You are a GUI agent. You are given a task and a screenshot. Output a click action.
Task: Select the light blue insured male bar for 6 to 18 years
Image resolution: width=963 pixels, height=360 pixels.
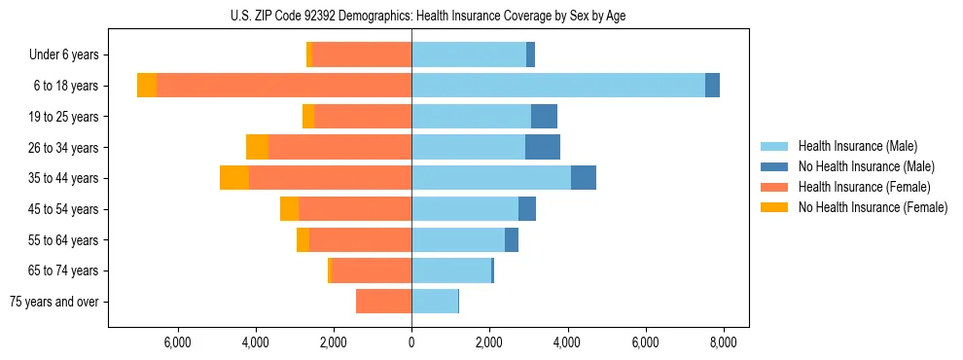pyautogui.click(x=557, y=86)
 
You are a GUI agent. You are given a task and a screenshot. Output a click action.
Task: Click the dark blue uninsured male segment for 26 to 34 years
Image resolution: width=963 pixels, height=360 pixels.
pyautogui.click(x=543, y=147)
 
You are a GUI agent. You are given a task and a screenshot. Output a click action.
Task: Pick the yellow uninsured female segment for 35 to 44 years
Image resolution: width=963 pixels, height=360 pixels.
pyautogui.click(x=234, y=178)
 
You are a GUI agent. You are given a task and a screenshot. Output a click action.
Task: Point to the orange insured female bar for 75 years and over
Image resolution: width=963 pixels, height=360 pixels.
pyautogui.click(x=383, y=302)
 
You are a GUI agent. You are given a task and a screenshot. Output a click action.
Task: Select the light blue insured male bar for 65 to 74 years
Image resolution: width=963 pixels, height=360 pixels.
pyautogui.click(x=450, y=270)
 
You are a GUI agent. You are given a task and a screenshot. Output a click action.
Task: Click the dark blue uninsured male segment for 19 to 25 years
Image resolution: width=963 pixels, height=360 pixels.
pyautogui.click(x=544, y=117)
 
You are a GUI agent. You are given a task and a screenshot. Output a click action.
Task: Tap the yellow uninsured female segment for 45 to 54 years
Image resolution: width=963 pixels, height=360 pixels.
pyautogui.click(x=289, y=209)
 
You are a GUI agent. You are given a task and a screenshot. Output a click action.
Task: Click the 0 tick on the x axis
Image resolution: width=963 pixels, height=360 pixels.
pyautogui.click(x=411, y=342)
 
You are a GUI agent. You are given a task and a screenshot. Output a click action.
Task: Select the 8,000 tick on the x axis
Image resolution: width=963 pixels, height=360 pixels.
pyautogui.click(x=723, y=342)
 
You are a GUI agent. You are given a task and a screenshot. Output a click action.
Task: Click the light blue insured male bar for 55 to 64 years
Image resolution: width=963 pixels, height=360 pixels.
pyautogui.click(x=457, y=239)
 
